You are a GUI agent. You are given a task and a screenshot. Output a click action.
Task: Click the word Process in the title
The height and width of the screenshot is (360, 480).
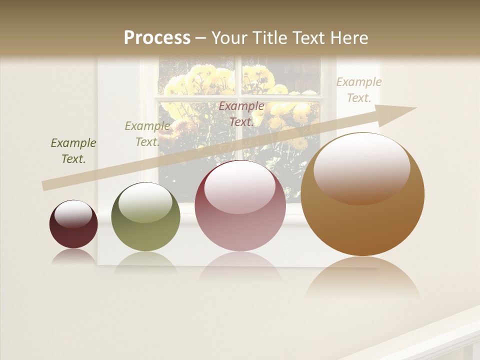157,37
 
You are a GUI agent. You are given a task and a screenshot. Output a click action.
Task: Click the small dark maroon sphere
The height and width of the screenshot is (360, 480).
73,224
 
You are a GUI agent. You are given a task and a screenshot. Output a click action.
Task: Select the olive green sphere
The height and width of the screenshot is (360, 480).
145,217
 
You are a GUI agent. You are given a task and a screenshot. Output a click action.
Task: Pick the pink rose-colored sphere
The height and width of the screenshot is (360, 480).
240,206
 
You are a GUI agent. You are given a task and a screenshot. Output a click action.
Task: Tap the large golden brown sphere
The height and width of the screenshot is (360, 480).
362,195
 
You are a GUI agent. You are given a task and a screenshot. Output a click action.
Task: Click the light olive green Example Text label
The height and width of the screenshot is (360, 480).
147,133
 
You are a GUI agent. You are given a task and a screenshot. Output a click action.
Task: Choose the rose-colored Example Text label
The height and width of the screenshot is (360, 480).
241,113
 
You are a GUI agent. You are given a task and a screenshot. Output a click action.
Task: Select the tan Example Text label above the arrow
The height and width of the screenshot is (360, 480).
358,90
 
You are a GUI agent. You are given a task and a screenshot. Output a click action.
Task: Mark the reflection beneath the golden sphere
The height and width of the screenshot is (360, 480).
362,277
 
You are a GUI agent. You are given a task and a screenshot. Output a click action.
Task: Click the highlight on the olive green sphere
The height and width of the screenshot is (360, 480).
145,202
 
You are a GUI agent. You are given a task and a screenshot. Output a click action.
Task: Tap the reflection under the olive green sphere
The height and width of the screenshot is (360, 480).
145,261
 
